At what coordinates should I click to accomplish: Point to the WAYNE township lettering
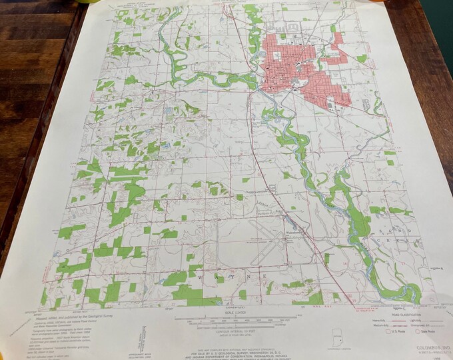(x=226, y=274)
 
